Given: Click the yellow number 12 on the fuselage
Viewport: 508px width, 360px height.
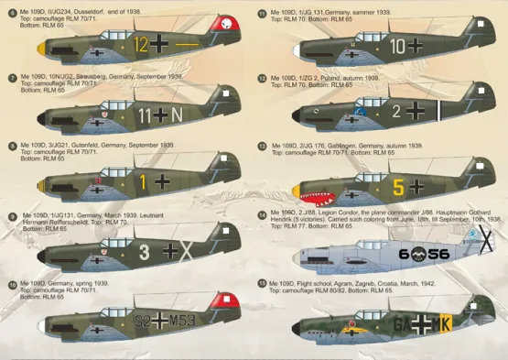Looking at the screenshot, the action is [139, 43].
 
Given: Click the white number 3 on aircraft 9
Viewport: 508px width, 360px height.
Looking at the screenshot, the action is [144, 248].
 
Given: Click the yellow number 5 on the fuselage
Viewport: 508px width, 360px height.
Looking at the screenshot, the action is [397, 188].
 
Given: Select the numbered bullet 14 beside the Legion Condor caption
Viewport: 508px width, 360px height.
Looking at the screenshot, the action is [263, 215].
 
